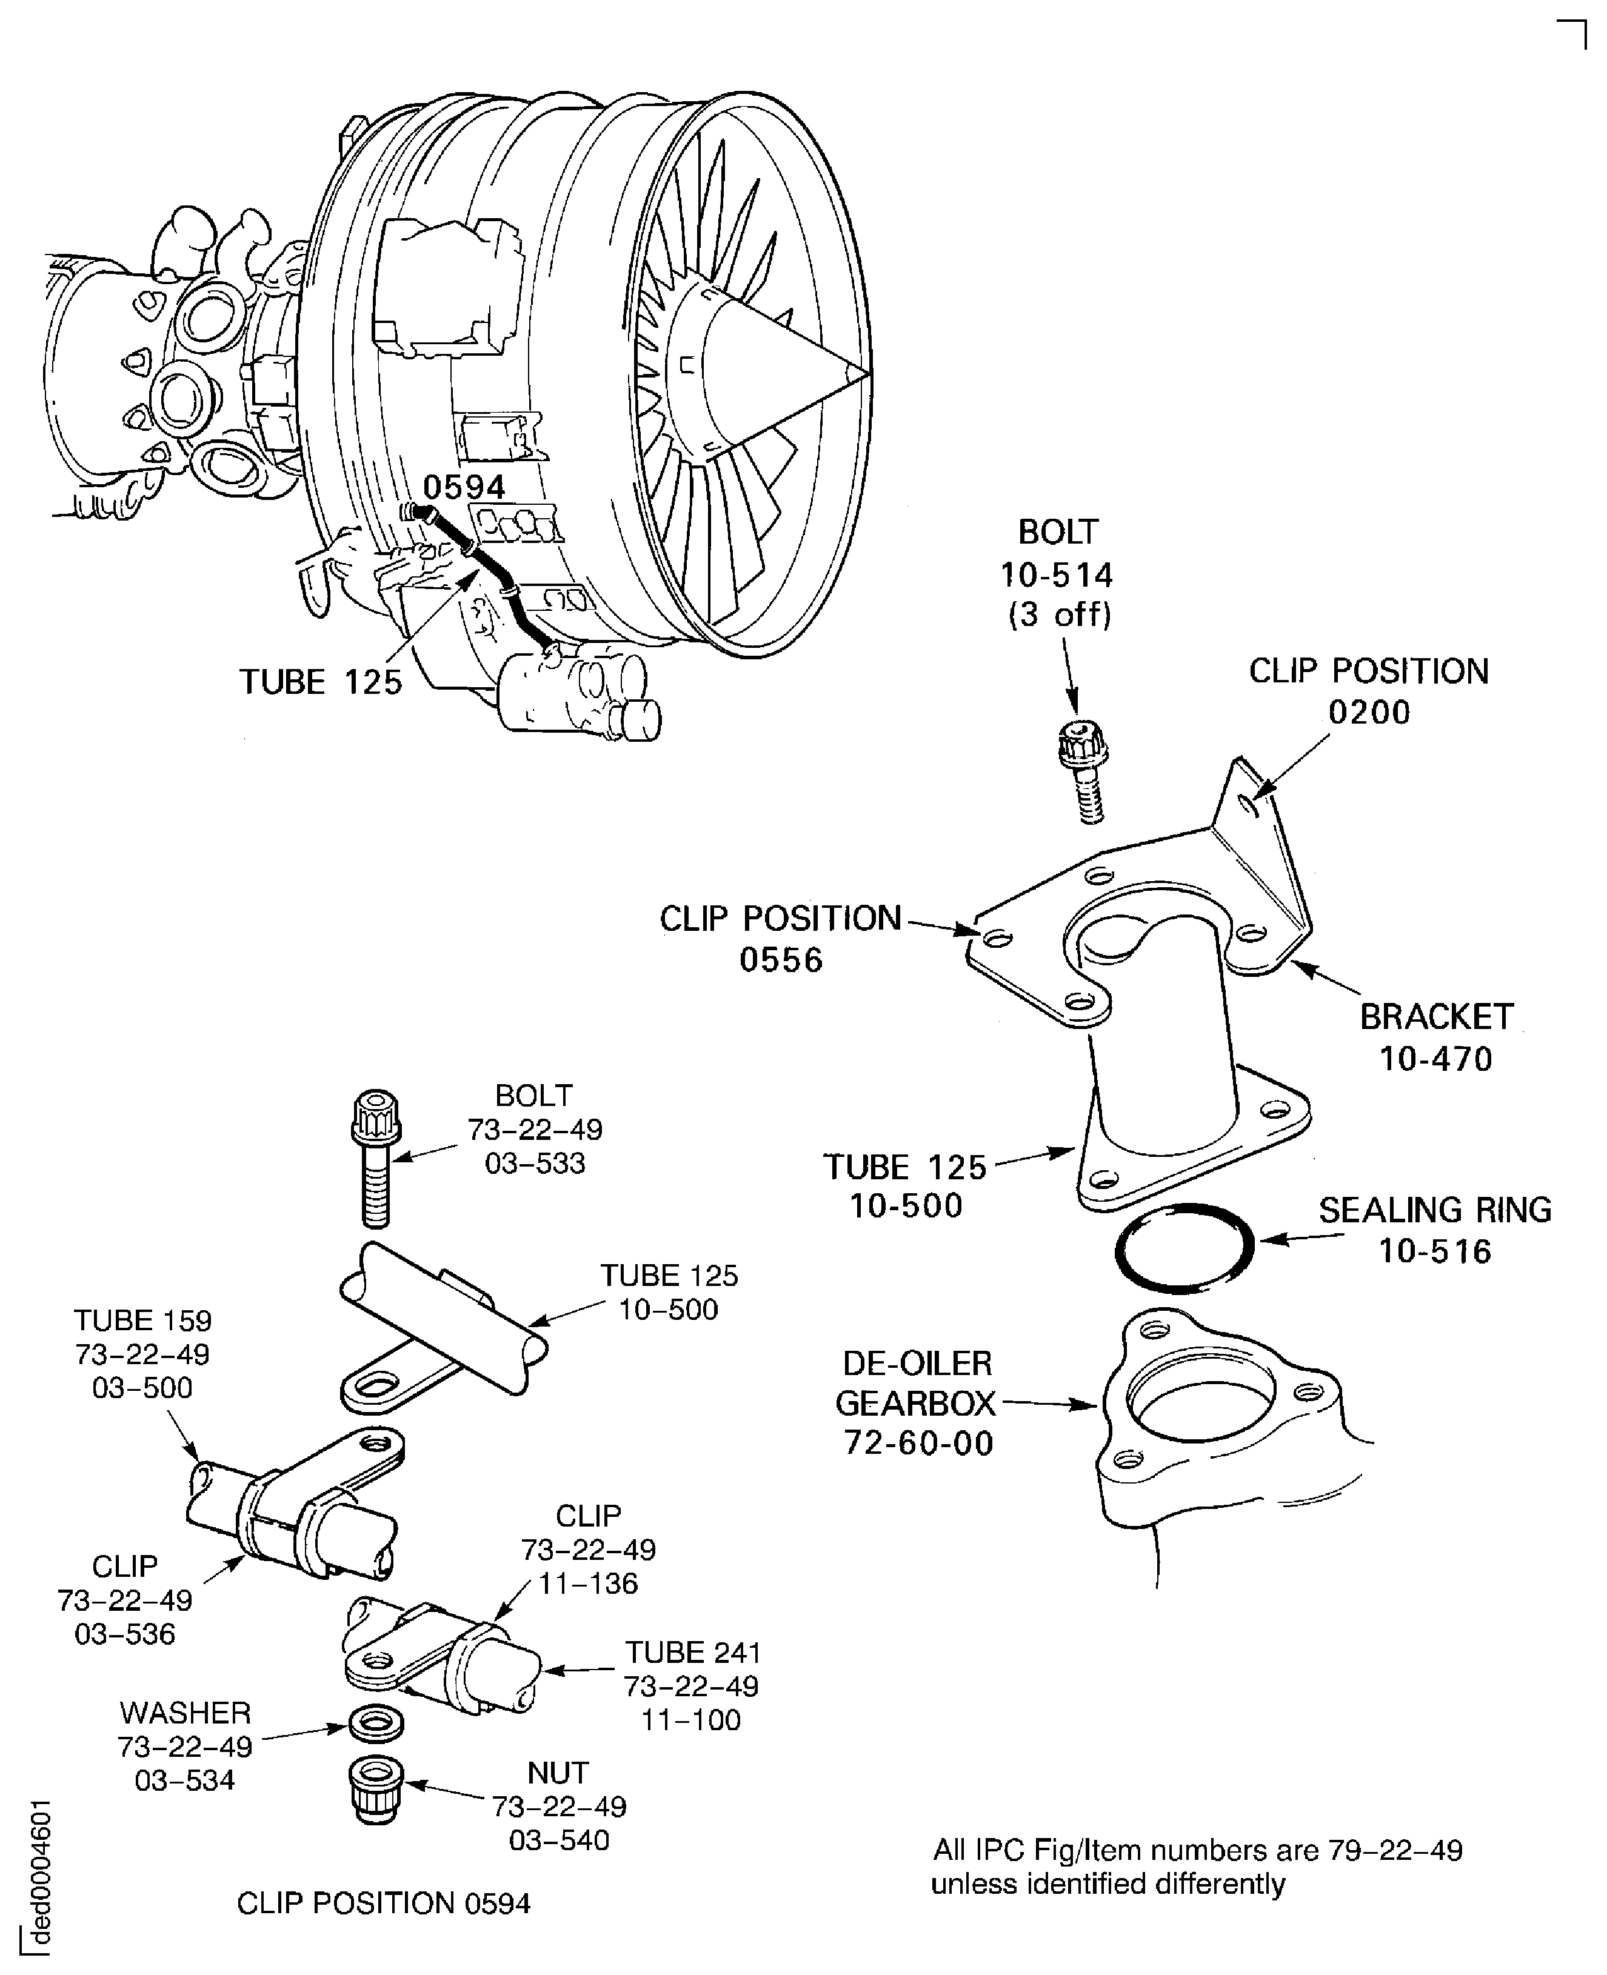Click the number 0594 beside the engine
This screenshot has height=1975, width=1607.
coord(465,488)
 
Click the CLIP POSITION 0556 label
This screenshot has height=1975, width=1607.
coord(780,939)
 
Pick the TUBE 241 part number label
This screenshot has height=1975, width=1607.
coord(692,1687)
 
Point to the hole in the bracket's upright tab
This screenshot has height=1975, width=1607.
coord(1252,806)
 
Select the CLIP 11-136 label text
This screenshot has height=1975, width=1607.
coord(589,1549)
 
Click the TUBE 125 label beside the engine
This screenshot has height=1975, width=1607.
coord(321,682)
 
